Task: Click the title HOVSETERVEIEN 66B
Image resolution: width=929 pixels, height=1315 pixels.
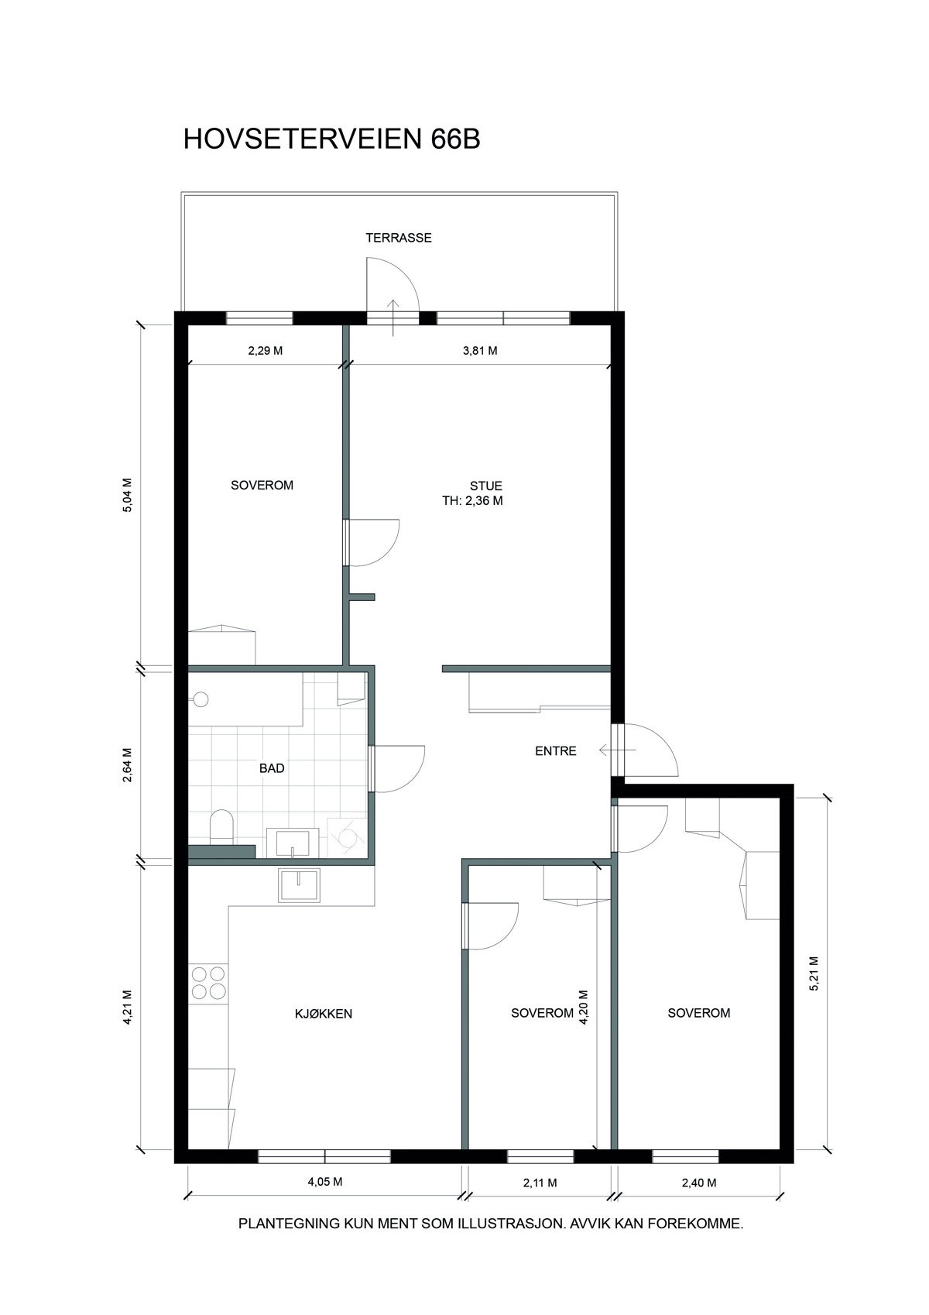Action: (331, 139)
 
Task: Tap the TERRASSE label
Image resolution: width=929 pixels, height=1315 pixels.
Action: (399, 238)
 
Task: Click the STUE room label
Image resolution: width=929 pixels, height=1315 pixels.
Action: (485, 486)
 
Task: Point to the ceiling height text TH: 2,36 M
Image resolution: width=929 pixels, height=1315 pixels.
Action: (472, 501)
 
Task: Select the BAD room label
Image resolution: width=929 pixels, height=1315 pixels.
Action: (272, 768)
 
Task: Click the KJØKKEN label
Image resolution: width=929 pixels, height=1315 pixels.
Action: (324, 1013)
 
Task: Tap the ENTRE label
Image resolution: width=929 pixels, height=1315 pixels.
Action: (556, 750)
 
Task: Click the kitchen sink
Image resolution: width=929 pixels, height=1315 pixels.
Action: (300, 884)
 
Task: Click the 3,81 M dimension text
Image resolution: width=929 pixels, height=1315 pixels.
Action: (480, 351)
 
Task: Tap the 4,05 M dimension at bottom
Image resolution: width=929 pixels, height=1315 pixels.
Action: (325, 1182)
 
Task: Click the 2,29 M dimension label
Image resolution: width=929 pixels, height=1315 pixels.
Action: (266, 351)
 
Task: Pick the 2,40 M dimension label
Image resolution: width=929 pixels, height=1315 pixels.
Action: (698, 1183)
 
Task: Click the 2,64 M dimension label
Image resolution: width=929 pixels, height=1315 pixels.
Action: (129, 765)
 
